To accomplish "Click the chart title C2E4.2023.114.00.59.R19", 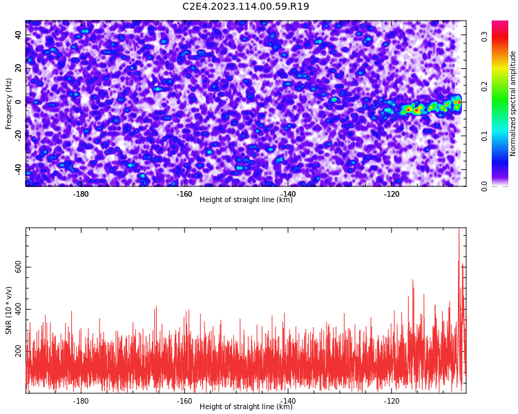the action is click(246, 6).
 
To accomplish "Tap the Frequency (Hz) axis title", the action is click(8, 103).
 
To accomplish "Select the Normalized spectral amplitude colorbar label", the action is click(512, 103).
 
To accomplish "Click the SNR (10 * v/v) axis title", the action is click(8, 310).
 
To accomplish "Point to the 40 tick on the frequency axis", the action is click(18, 35).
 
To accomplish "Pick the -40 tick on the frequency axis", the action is click(18, 170).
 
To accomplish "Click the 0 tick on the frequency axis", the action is click(18, 102).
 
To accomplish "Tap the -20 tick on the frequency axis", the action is click(18, 136).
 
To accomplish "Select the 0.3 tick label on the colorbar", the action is click(484, 37).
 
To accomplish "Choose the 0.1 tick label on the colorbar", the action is click(484, 136).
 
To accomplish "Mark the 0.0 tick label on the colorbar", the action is click(484, 186).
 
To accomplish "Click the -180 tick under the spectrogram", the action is click(81, 194).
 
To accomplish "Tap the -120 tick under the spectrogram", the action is click(392, 194).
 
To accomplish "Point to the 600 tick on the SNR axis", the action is click(18, 267).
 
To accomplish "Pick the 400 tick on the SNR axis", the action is click(18, 309).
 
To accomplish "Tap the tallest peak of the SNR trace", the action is click(459, 229).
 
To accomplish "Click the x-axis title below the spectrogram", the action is click(246, 199).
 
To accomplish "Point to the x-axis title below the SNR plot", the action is click(246, 406).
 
